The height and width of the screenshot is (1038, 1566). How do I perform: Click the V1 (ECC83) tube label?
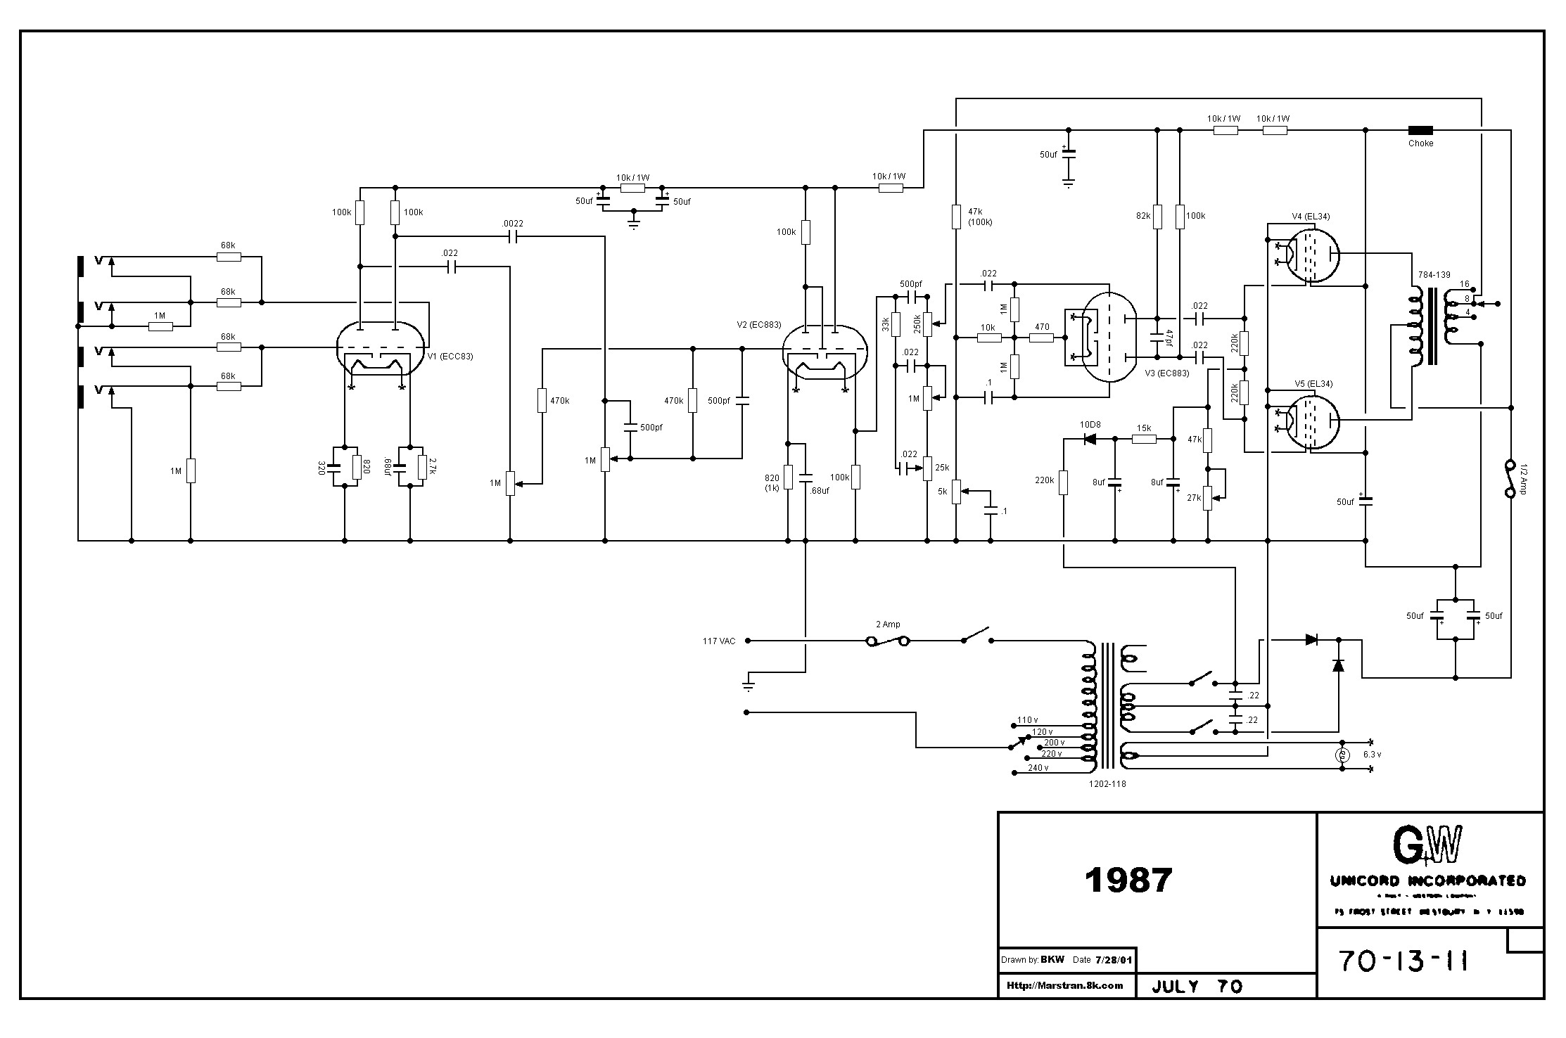point(450,357)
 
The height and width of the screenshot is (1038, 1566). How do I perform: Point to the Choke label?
point(1420,143)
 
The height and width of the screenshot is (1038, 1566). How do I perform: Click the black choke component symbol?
point(1420,130)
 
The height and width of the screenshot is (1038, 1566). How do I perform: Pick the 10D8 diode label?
point(1090,425)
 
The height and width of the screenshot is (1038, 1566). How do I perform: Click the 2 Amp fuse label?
point(888,624)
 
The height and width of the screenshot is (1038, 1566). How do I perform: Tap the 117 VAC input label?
point(719,641)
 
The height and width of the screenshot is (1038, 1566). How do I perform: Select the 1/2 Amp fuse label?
point(1522,478)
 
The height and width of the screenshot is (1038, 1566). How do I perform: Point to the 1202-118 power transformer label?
point(1107,783)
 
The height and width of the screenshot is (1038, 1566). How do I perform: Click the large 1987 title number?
point(1128,880)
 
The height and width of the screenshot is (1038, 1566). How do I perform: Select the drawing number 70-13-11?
point(1403,961)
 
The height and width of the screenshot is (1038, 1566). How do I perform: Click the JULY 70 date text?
point(1197,987)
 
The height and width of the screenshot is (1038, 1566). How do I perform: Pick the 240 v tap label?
point(1038,767)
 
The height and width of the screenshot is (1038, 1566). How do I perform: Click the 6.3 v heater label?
point(1372,754)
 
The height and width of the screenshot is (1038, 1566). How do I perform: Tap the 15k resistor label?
point(1143,428)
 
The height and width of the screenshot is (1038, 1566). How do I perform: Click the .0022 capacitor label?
point(512,224)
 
